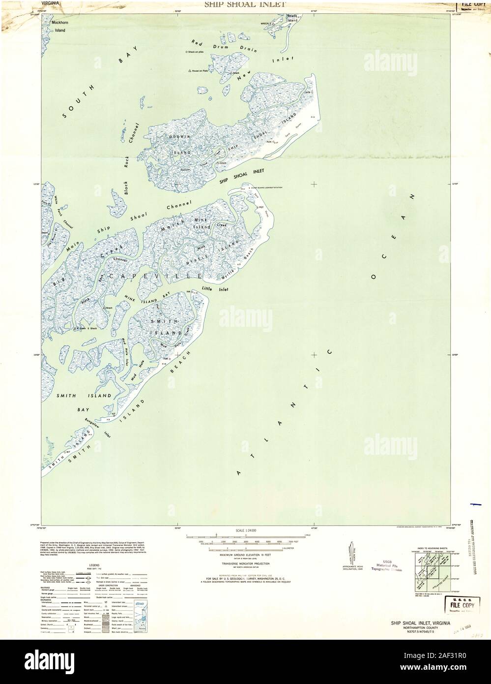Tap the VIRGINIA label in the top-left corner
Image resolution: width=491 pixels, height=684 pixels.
tap(51, 3)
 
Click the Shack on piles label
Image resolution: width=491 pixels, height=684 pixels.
tap(196, 52)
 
